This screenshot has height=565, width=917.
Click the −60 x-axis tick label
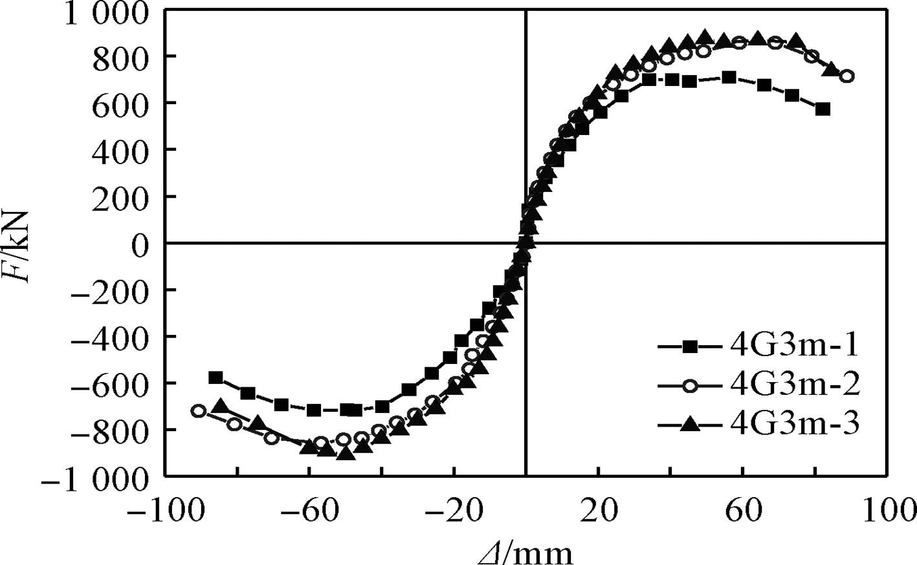309,511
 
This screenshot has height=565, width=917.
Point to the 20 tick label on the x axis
598,511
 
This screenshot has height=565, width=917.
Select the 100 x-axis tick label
887,511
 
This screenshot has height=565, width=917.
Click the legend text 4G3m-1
794,347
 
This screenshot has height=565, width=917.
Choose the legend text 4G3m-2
794,385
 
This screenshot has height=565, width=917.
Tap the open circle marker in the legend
689,386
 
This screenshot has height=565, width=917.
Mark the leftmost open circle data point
199,410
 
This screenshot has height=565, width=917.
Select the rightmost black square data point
823,109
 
